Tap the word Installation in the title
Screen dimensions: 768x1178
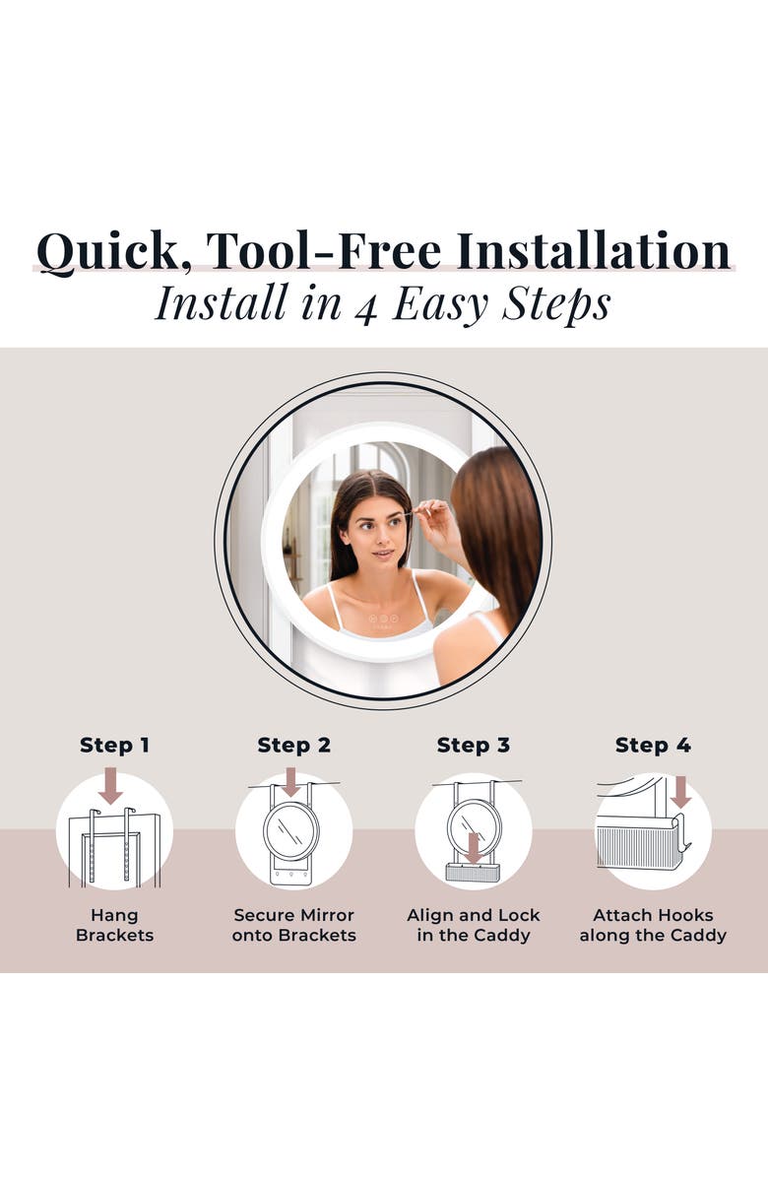pos(593,250)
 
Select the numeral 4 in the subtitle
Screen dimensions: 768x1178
pos(365,307)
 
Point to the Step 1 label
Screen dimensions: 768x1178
pos(114,746)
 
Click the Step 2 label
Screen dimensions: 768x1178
pos(293,746)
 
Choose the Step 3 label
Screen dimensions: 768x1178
pos(473,746)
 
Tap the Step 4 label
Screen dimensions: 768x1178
pos(653,746)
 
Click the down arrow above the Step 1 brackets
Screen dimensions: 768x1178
pos(111,785)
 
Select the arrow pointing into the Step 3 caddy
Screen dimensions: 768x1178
pos(473,847)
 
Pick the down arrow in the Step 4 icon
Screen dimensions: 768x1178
pos(681,793)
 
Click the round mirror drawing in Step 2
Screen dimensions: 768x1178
pos(291,831)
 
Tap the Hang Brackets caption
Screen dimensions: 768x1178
pos(114,925)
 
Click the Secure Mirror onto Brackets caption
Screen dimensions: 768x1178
pos(293,925)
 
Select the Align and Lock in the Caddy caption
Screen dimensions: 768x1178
pos(473,925)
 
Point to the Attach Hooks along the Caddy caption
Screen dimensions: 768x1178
pos(653,925)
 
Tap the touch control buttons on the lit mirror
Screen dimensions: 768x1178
pos(382,619)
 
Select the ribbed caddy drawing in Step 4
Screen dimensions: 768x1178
pos(639,846)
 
